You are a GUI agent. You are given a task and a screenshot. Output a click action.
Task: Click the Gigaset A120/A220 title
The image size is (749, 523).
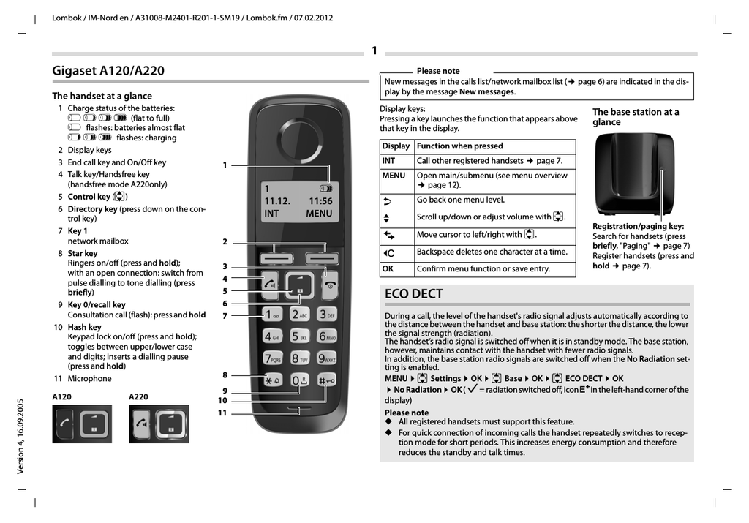(x=108, y=71)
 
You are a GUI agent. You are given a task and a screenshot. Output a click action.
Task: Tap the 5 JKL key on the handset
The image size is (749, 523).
(x=299, y=336)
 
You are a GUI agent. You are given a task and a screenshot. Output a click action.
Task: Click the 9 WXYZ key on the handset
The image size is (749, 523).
(x=326, y=358)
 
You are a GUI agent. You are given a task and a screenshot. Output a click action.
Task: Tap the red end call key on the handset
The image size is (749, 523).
(x=331, y=285)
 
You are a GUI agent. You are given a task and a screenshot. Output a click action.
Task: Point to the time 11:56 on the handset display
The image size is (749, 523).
(x=320, y=201)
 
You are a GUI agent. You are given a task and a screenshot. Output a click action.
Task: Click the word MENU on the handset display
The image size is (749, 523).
(x=319, y=214)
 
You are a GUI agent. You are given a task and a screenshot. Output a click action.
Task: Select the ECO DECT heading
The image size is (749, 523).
(x=414, y=293)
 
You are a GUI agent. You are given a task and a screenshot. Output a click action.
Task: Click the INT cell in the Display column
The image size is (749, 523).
(x=388, y=161)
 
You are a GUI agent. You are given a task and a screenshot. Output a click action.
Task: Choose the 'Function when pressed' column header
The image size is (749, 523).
(x=460, y=146)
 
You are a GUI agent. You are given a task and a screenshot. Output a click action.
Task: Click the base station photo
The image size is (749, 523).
(x=633, y=173)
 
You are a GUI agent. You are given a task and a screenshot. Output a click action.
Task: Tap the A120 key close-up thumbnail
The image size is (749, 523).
(x=82, y=424)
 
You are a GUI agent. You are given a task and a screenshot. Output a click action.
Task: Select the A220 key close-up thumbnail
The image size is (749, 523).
(x=158, y=424)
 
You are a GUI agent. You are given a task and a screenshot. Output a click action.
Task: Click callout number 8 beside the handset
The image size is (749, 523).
(x=225, y=375)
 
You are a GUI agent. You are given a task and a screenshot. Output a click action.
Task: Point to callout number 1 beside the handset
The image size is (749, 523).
(x=225, y=165)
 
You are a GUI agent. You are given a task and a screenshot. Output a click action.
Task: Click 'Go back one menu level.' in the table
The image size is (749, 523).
(x=461, y=200)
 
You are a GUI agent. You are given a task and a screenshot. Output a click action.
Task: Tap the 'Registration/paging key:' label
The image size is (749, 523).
(x=638, y=227)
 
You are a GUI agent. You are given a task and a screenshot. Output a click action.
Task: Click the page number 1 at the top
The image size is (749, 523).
(x=374, y=50)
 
